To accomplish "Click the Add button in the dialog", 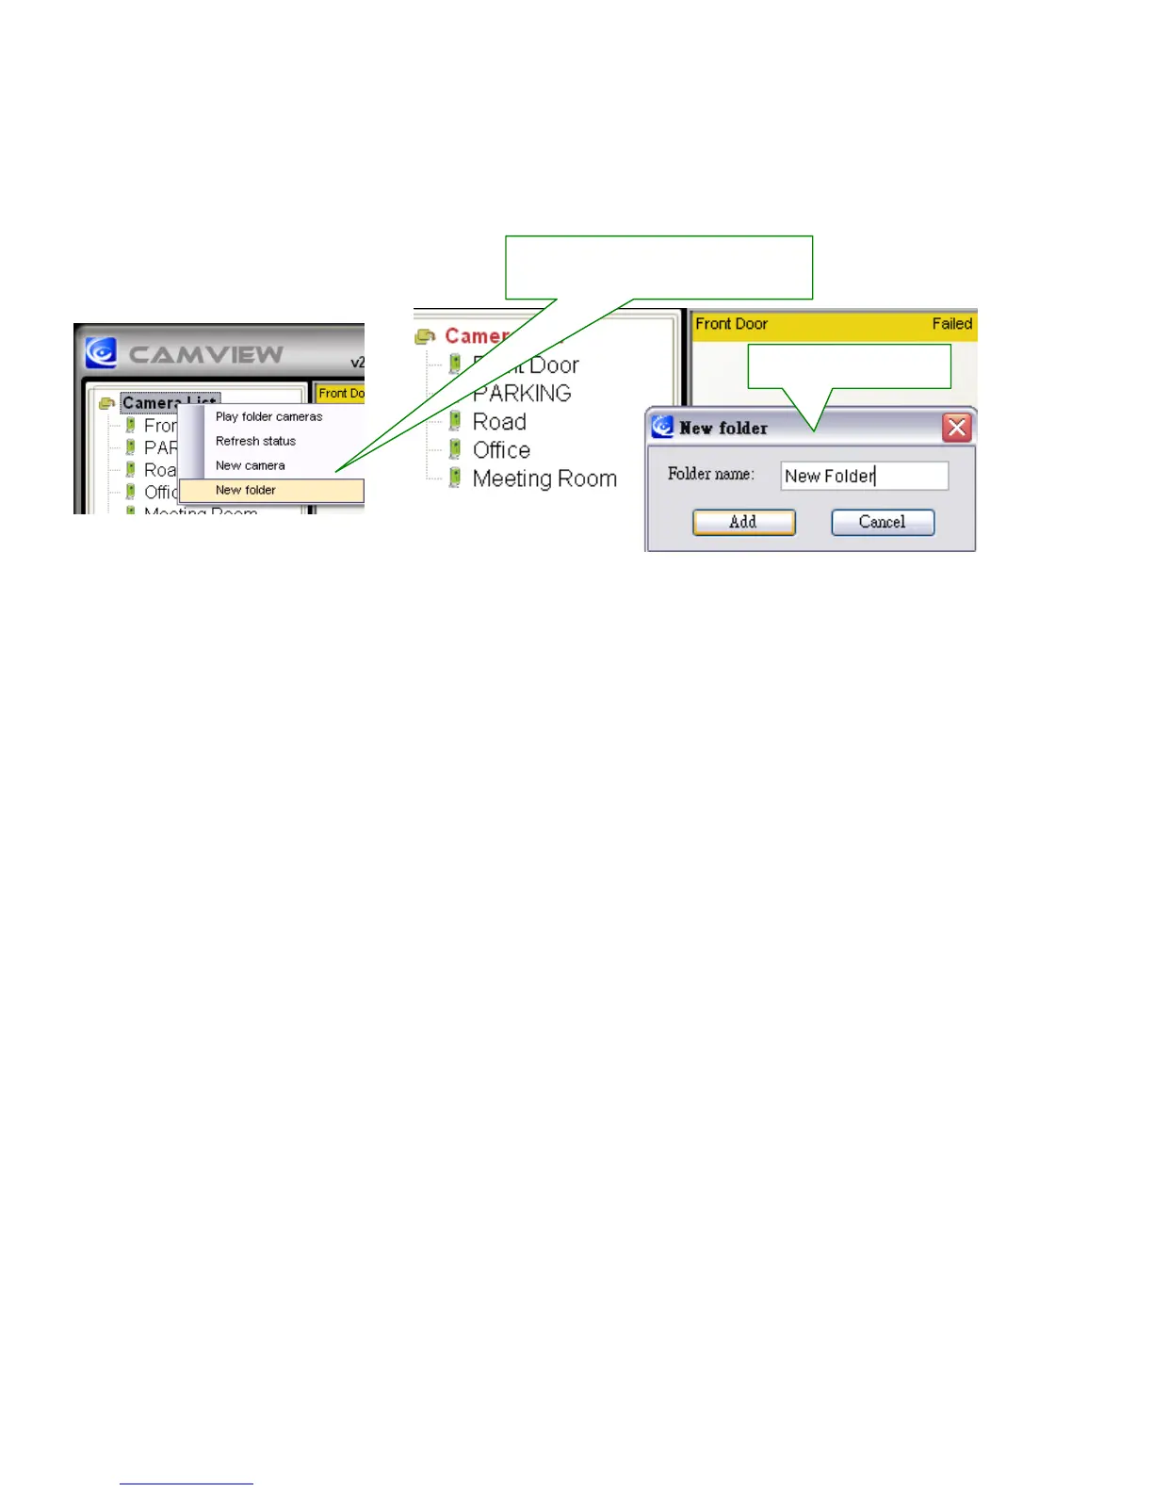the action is click(743, 522).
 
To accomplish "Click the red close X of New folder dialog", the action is click(957, 429).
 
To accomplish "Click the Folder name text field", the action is click(864, 476).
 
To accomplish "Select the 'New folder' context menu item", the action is click(246, 491).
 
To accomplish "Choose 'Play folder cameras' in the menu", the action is click(268, 416).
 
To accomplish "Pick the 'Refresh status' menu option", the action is click(255, 441).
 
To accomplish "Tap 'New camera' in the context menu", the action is click(250, 465).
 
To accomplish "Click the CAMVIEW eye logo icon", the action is click(101, 352).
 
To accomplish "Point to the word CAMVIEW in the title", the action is click(205, 354).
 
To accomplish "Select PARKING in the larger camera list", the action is click(521, 393).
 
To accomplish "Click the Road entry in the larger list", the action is click(499, 422).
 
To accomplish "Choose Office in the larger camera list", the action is click(501, 450).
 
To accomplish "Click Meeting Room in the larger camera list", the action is click(544, 478).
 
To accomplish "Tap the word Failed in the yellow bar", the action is click(951, 324).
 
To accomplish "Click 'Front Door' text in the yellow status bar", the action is click(731, 324).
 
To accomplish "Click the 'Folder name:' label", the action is click(710, 474).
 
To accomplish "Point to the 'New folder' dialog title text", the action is click(723, 429).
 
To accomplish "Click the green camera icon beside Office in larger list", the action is click(455, 449).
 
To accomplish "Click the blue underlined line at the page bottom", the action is click(186, 1484).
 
